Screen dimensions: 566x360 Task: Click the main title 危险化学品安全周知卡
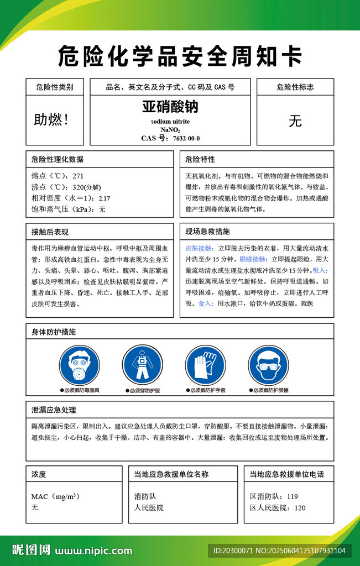pyautogui.click(x=180, y=55)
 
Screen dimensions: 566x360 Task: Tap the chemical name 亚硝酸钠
pyautogui.click(x=170, y=106)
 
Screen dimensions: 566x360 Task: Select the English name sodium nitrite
pyautogui.click(x=170, y=122)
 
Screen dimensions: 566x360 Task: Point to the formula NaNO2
pyautogui.click(x=170, y=130)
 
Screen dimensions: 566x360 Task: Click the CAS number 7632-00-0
pyautogui.click(x=186, y=138)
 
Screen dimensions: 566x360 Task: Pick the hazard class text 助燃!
pyautogui.click(x=52, y=119)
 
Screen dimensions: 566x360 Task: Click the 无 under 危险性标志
pyautogui.click(x=295, y=121)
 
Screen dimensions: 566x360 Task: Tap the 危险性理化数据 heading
pyautogui.click(x=58, y=159)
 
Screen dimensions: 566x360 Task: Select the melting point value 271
pyautogui.click(x=78, y=176)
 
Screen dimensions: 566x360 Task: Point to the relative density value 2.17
pyautogui.click(x=105, y=198)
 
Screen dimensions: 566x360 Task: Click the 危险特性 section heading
pyautogui.click(x=200, y=159)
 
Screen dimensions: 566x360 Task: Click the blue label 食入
pyautogui.click(x=205, y=303)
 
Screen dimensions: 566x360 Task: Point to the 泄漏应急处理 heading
pyautogui.click(x=54, y=410)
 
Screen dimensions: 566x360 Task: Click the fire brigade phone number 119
pyautogui.click(x=292, y=496)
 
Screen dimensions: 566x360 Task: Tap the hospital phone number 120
pyautogui.click(x=300, y=507)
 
